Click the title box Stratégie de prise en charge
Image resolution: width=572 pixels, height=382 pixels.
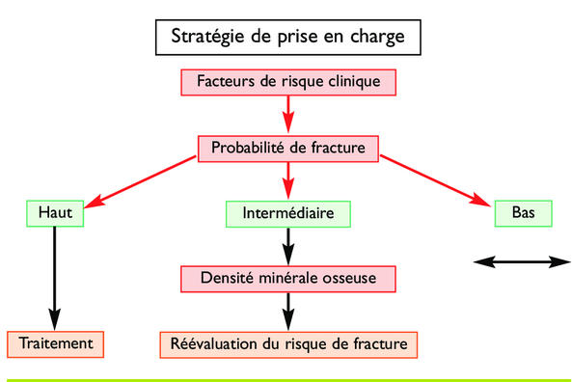click(286, 38)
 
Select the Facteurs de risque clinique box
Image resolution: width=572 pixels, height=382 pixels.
click(286, 81)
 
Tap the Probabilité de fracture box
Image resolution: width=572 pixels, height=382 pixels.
click(287, 148)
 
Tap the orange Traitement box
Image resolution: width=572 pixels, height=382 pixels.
click(54, 342)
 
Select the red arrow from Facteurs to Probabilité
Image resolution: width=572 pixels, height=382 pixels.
click(287, 114)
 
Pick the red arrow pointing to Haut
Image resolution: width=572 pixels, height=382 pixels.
click(145, 181)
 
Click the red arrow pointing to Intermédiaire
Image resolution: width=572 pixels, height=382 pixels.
click(287, 180)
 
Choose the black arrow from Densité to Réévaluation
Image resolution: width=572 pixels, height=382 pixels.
click(287, 311)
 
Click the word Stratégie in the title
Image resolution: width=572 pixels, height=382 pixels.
click(208, 39)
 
